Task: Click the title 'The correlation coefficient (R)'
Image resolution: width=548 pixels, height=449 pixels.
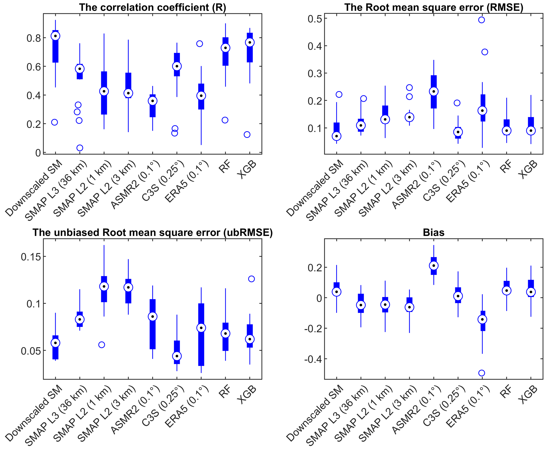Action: (x=152, y=7)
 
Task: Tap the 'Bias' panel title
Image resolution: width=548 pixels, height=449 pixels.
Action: (x=433, y=232)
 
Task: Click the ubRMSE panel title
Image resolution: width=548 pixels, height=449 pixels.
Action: (x=152, y=232)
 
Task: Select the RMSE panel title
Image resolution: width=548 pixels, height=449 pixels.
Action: (x=433, y=7)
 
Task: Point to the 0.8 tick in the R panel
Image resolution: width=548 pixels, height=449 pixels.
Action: (x=34, y=38)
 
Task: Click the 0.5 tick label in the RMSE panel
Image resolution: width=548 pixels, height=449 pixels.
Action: (x=315, y=19)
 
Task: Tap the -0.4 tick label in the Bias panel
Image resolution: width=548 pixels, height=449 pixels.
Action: (x=313, y=359)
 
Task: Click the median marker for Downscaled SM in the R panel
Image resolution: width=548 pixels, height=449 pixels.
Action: (x=55, y=36)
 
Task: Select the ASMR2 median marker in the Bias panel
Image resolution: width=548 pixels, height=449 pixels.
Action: (x=434, y=266)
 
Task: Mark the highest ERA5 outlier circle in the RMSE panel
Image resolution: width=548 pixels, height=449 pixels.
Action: (x=481, y=20)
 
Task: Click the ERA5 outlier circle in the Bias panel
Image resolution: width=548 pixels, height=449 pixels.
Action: (x=481, y=373)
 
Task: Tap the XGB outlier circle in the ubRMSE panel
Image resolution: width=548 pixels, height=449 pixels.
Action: (x=251, y=279)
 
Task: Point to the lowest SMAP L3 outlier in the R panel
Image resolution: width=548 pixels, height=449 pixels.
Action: (x=80, y=148)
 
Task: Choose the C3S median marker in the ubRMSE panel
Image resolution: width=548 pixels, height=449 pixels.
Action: (x=177, y=356)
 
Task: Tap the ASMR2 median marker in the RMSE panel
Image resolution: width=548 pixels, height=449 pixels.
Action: (x=434, y=92)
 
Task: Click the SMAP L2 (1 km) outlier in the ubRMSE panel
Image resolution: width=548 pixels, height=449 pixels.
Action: (x=102, y=345)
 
